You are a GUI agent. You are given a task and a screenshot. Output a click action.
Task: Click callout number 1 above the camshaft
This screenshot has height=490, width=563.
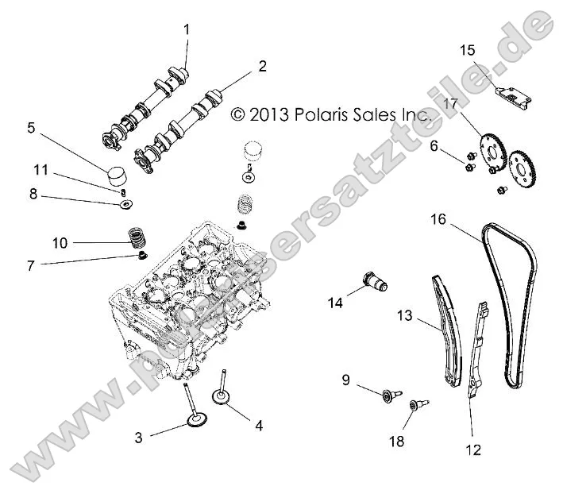(187, 29)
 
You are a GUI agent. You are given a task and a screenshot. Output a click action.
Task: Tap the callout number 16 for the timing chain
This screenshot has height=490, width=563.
(438, 218)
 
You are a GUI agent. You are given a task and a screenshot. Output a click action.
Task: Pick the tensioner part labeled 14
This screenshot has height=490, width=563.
(372, 282)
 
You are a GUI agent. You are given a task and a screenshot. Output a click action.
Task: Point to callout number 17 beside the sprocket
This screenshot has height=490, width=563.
(450, 103)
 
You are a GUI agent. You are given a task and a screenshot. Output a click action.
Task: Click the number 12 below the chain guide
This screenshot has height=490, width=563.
(473, 450)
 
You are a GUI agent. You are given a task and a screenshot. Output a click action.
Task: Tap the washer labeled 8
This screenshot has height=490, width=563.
(125, 206)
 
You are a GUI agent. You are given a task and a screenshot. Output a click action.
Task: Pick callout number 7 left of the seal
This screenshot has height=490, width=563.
(30, 265)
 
